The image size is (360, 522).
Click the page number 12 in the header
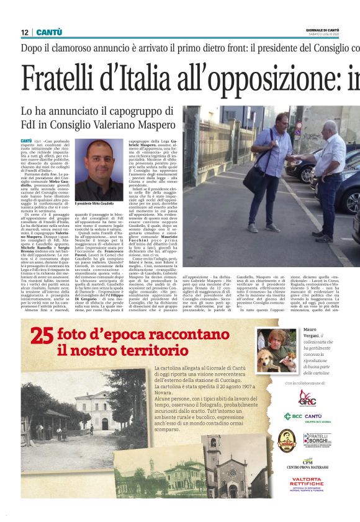[24, 32]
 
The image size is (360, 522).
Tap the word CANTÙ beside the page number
[48, 32]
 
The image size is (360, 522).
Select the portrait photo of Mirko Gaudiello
[99, 169]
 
